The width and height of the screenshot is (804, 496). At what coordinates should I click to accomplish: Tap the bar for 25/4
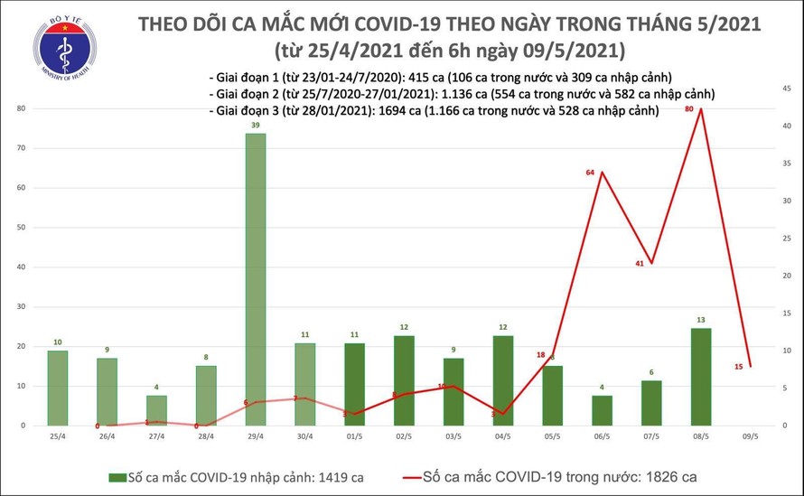click(57, 388)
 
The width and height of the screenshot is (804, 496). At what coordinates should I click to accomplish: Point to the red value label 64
click(592, 173)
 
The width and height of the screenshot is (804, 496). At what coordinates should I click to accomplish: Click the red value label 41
click(640, 263)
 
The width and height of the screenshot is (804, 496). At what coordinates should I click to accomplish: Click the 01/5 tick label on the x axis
click(353, 436)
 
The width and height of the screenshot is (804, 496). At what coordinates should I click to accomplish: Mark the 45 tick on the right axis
click(788, 88)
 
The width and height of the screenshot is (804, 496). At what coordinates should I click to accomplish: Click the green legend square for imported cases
click(115, 476)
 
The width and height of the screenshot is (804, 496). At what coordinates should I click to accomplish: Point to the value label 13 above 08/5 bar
click(700, 320)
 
